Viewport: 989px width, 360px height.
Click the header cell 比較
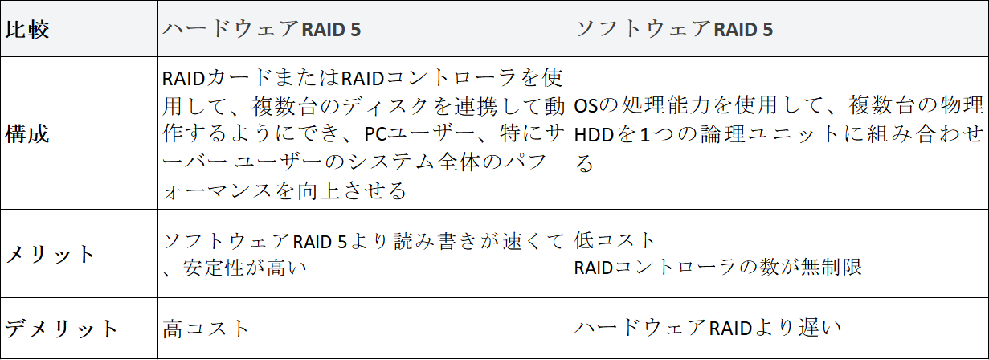(x=28, y=30)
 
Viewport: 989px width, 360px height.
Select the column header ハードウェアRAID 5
(x=261, y=30)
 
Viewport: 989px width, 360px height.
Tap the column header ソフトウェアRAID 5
(x=674, y=30)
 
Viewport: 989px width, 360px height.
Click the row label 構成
(x=28, y=133)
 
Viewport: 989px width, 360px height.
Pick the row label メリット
(x=51, y=255)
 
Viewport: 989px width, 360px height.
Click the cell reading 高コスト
(x=206, y=329)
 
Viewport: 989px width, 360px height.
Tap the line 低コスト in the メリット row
(x=615, y=240)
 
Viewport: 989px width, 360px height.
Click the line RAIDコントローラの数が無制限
(x=718, y=266)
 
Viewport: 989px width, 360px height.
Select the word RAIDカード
(x=206, y=78)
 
